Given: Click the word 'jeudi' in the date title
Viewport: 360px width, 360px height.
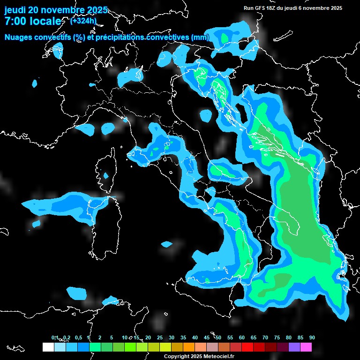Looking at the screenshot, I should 15,10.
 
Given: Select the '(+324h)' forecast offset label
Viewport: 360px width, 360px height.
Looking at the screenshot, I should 83,21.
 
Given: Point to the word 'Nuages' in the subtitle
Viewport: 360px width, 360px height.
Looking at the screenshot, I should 19,37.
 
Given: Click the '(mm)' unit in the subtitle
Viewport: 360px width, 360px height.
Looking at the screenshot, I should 200,37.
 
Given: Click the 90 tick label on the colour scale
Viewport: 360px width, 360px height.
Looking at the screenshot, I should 312,337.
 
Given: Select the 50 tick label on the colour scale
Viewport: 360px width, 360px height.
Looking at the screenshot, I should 218,337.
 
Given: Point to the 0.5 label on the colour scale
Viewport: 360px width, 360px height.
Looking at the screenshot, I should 78,337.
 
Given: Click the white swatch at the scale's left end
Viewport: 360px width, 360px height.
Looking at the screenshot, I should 48,347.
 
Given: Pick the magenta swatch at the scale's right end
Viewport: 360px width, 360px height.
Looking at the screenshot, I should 306,347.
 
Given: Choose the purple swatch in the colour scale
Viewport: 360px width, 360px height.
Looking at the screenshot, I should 294,347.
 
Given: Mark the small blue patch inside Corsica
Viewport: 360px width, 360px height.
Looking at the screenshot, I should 105,176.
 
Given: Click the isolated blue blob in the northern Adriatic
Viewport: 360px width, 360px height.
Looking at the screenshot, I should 206,115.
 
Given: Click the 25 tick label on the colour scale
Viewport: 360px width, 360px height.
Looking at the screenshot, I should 160,337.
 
